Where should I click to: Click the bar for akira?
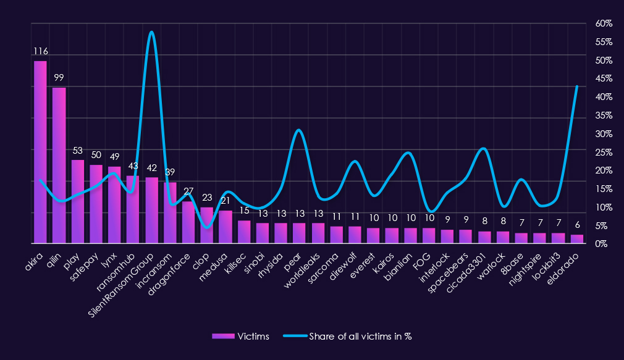click(40, 152)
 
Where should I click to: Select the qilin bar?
click(59, 165)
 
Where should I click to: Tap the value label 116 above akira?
click(41, 51)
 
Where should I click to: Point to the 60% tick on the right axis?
click(604, 24)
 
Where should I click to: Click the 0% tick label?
click(601, 244)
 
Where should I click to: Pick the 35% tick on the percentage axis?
click(604, 115)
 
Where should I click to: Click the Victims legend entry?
click(241, 336)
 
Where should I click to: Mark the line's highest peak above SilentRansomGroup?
click(151, 31)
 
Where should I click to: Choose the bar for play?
click(77, 201)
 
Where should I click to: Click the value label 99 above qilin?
click(59, 78)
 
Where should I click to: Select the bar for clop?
click(207, 225)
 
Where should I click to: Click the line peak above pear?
click(299, 130)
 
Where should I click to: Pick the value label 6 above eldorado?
click(577, 225)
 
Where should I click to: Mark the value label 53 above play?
click(78, 151)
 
